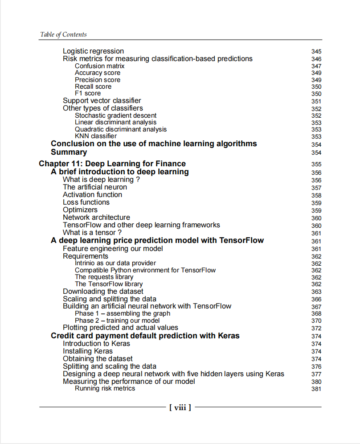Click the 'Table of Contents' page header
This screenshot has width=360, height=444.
coord(63,34)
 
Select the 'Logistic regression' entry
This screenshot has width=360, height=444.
coord(93,51)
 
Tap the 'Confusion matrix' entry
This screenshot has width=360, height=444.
coord(99,66)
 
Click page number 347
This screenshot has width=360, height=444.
coord(316,66)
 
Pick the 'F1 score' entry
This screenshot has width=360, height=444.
coord(88,94)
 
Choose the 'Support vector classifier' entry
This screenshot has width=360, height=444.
coord(102,101)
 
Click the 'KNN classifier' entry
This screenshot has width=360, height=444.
coord(96,136)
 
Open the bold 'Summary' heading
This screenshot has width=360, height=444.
coord(69,152)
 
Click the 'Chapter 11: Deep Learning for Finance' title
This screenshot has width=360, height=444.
coord(112,164)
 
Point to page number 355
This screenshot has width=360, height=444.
coord(316,164)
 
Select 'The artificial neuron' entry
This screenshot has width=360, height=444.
coord(94,187)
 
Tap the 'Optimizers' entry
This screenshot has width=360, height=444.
coord(80,210)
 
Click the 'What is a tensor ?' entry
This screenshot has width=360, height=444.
coord(92,233)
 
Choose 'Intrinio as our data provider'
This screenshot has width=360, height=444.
coord(115,263)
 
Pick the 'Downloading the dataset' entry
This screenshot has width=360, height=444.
coord(103,292)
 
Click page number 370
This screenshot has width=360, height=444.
coord(316,321)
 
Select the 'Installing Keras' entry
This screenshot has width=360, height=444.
coord(88,351)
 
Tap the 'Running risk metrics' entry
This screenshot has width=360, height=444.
coord(105,388)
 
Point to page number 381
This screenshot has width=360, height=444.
coord(316,389)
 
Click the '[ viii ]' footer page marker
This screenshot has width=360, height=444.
coord(180,407)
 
